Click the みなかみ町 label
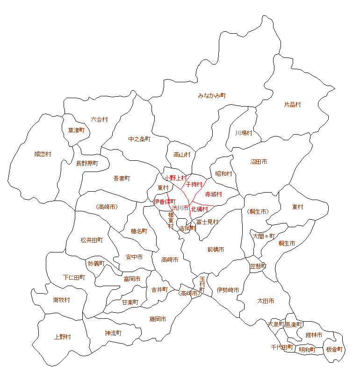pos(212,95)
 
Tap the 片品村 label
pos(292,105)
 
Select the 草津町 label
pos(76,130)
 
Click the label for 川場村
pos(244,133)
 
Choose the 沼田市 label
pos(259,162)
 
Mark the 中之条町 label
pos(139,139)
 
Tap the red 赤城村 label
pos(213,194)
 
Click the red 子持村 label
pos(194,185)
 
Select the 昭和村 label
pos(223,173)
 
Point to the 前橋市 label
pos(216,250)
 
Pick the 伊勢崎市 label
pos(228,290)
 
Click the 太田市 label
pos(266,301)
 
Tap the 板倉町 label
pos(334,349)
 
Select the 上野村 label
pos(62,337)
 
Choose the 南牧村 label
pos(62,300)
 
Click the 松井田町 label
pos(92,240)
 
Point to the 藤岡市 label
pos(158,319)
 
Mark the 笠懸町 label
pos(258,266)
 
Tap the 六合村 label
pos(99,119)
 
